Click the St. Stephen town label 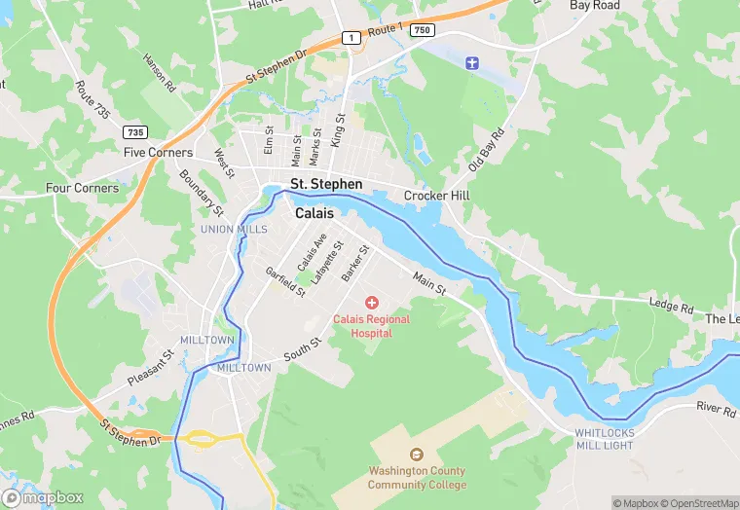[326, 184]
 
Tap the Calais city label [314, 213]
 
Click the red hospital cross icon [372, 304]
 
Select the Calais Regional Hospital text [372, 326]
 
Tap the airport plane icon [473, 63]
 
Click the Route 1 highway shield [350, 38]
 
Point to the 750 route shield [421, 30]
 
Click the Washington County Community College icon [417, 454]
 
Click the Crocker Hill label [438, 196]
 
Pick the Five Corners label [160, 153]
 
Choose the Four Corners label [82, 188]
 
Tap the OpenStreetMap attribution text [699, 503]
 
